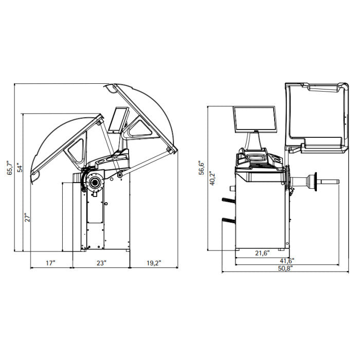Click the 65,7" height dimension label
pos(10,168)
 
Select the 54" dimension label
pos(20,168)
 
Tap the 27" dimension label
pos(28,218)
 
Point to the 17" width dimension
pos(50,263)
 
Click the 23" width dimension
pos(101,263)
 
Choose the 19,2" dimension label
pos(154,263)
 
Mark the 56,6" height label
pos(202,168)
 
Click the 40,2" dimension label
pos(212,178)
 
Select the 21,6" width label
pos(262,253)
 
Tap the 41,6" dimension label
pos(287,261)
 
